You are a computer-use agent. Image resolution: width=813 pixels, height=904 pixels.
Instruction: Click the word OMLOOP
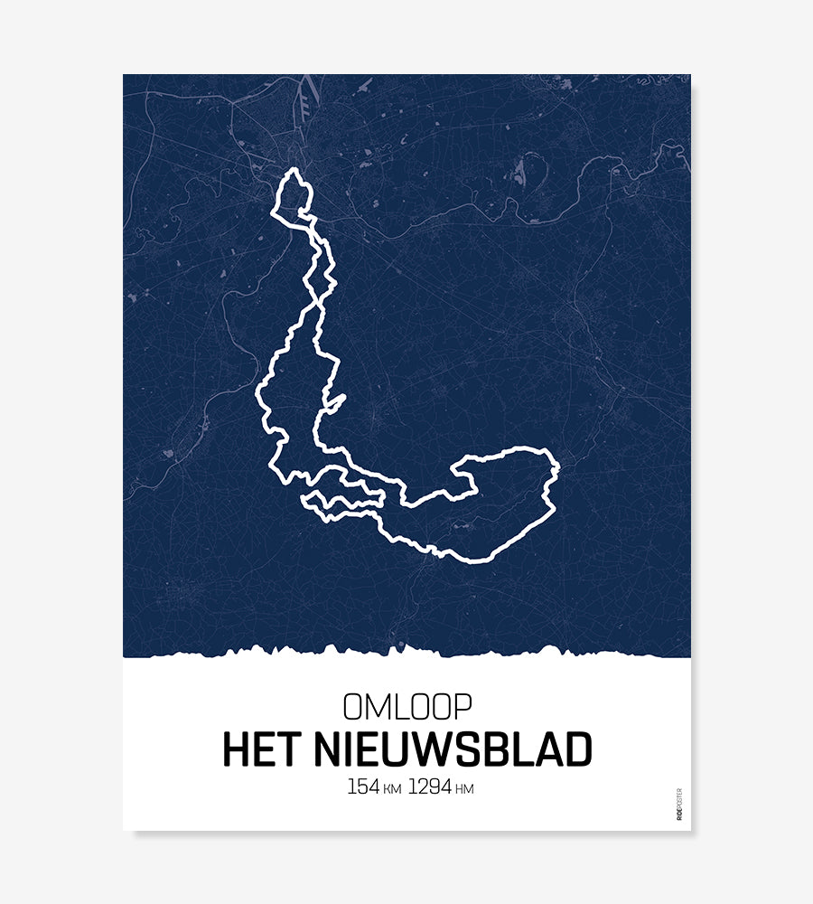(x=406, y=706)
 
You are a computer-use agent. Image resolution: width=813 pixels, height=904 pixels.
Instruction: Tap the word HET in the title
(x=262, y=749)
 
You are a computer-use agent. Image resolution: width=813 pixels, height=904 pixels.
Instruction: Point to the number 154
(x=363, y=786)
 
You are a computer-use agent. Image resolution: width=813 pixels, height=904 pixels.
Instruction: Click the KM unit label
(x=392, y=789)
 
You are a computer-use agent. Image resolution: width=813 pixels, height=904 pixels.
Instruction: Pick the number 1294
(x=430, y=786)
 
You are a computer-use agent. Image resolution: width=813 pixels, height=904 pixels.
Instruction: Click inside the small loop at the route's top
(x=294, y=194)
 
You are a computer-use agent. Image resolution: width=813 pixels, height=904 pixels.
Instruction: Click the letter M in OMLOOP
(x=378, y=706)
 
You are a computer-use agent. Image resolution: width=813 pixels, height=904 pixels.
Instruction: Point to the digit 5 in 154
(x=363, y=786)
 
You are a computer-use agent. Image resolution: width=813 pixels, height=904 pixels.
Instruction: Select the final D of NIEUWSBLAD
(x=577, y=749)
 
